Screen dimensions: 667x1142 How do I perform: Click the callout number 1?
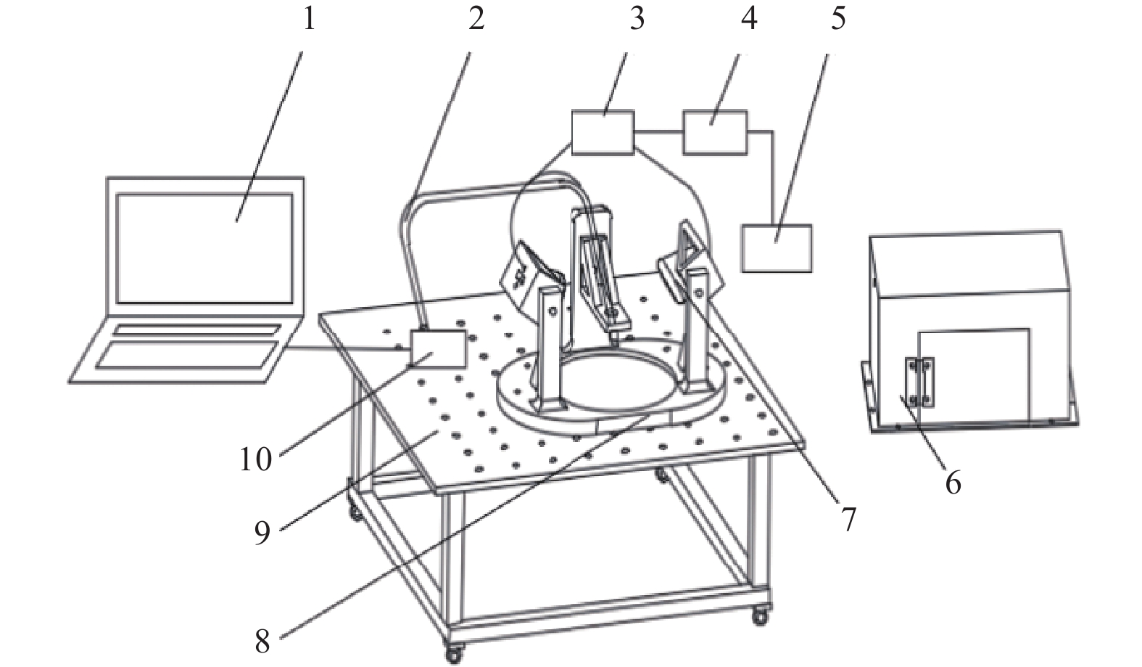click(x=309, y=18)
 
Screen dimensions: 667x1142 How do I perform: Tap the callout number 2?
click(x=476, y=18)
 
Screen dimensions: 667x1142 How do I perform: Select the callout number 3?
click(x=636, y=18)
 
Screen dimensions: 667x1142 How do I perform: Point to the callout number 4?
click(x=749, y=18)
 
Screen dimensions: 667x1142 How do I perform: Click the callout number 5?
click(x=837, y=18)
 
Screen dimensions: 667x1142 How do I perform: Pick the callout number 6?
click(x=952, y=482)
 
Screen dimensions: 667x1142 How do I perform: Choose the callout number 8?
click(x=262, y=642)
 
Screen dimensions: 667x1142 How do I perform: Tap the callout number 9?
click(x=262, y=533)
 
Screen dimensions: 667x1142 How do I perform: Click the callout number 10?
click(x=255, y=459)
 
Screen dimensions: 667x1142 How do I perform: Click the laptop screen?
click(x=205, y=247)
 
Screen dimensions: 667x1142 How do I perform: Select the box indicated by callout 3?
click(x=603, y=132)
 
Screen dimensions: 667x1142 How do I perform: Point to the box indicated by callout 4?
click(x=714, y=132)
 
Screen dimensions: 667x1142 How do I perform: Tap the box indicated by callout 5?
click(x=777, y=248)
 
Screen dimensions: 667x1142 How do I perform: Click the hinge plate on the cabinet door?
click(x=919, y=382)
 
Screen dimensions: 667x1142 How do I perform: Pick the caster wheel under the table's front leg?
click(x=453, y=653)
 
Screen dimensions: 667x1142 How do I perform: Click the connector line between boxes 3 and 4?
click(x=658, y=132)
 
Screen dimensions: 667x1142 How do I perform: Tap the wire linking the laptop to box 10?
click(x=348, y=349)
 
